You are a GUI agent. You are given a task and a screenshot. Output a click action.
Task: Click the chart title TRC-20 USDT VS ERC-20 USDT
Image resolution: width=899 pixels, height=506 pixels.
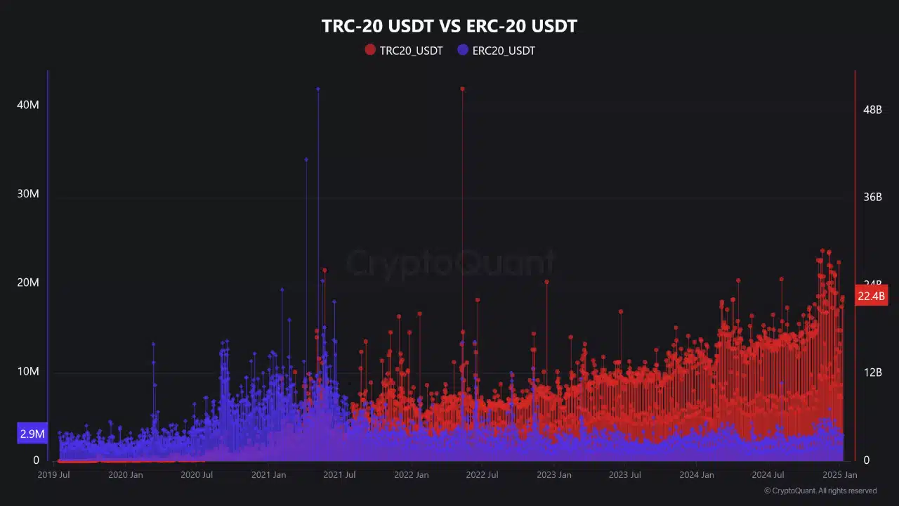tap(449, 27)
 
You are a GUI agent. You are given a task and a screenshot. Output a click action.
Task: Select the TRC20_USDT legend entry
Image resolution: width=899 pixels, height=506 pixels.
tap(404, 50)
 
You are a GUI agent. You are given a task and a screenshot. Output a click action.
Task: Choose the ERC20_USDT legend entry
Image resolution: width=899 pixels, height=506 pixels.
tap(496, 50)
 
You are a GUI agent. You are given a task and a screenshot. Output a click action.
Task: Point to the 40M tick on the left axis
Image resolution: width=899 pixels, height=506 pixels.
tap(28, 105)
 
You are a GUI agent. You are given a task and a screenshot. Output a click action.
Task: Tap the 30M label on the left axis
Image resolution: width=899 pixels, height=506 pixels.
tap(28, 193)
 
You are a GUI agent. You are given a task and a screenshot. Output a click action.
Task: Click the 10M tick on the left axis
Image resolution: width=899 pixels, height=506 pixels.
tap(28, 371)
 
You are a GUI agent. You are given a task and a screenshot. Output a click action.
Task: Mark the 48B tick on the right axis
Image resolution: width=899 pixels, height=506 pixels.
tap(872, 110)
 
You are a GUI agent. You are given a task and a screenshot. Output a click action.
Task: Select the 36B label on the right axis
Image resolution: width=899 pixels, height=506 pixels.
tap(872, 197)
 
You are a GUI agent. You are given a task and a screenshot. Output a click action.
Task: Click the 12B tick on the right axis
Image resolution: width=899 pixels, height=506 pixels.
tap(872, 372)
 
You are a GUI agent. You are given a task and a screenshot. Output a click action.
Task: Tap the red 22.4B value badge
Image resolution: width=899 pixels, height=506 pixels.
tap(872, 296)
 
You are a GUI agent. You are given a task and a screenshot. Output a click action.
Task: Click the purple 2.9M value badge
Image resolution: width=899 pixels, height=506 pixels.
tap(32, 434)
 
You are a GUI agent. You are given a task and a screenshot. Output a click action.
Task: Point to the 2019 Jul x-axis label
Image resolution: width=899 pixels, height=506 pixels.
tap(54, 475)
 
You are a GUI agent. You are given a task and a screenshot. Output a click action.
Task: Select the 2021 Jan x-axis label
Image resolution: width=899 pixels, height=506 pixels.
tap(269, 475)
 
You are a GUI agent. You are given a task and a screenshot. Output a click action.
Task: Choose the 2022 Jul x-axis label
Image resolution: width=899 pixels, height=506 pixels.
tap(482, 475)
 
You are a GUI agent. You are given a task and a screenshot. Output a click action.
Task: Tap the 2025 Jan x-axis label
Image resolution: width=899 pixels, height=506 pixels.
tap(840, 475)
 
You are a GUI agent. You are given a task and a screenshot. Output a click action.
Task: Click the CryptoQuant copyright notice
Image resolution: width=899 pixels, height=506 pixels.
tap(820, 491)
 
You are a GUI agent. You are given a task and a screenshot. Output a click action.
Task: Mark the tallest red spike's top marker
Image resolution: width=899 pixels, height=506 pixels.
tap(462, 89)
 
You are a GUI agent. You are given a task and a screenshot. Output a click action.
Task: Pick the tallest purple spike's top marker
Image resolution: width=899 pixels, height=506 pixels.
tap(317, 89)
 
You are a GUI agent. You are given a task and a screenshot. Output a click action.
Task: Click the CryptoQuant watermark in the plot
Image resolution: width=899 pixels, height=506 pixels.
tap(449, 263)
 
